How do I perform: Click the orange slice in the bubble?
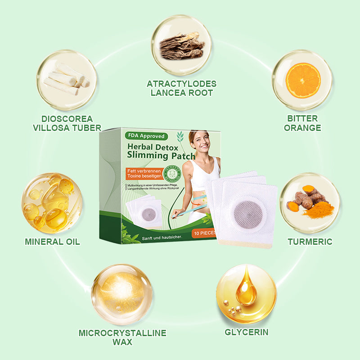coord(303,80)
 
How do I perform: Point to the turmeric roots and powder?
coord(310,203)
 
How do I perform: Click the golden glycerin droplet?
coord(246,290)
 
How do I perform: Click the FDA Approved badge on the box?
coord(146,136)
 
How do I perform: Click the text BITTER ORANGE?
coord(303,123)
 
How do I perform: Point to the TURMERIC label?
coord(310,242)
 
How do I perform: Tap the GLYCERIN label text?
coord(246,333)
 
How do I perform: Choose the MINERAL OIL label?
coord(52,242)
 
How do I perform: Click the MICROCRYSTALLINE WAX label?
coord(122,337)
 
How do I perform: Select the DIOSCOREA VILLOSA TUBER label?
coord(67,123)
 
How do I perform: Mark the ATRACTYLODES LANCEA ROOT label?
coord(181,88)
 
